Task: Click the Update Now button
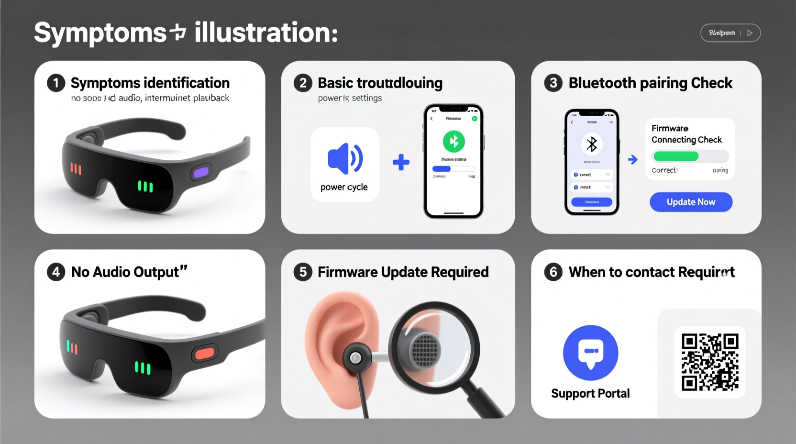pos(691,202)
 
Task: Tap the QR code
pos(710,362)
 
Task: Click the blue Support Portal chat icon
pos(591,353)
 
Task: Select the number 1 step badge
pos(56,83)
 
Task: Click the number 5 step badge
pos(303,272)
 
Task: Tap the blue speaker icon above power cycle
pos(345,158)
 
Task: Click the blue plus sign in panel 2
pos(401,162)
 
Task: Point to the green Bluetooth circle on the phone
pos(453,142)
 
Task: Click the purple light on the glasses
pos(201,172)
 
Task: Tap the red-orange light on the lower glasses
pos(204,354)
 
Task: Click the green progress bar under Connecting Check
pos(676,156)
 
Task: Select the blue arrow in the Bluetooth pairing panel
pos(633,160)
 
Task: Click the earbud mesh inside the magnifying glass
pos(425,350)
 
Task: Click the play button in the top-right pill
pos(750,33)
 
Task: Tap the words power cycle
pos(344,187)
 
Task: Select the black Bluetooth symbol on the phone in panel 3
pos(592,144)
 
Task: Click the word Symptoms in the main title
pos(100,33)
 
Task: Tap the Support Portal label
pos(590,393)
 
